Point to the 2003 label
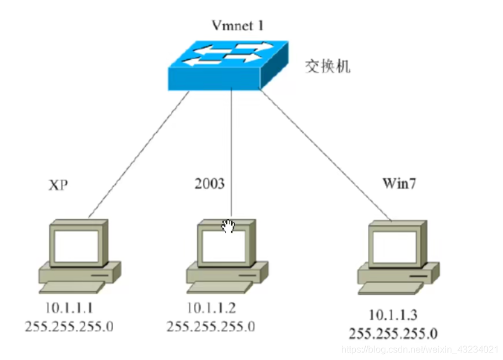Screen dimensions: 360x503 click(x=209, y=184)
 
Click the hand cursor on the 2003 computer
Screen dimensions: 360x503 click(x=228, y=227)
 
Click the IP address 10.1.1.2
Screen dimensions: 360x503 click(x=211, y=307)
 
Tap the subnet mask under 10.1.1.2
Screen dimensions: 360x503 click(x=211, y=326)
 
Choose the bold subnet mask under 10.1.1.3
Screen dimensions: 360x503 click(x=393, y=333)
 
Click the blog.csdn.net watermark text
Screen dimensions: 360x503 click(x=420, y=350)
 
